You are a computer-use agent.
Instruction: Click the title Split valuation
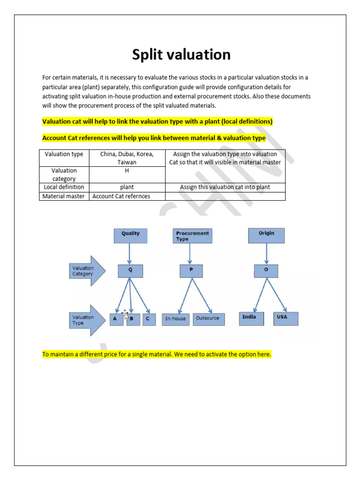(181, 55)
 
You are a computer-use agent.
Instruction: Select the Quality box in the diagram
(130, 235)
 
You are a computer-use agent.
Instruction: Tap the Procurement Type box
(192, 236)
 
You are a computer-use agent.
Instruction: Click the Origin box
(266, 235)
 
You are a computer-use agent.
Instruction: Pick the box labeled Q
(131, 270)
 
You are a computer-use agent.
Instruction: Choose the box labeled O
(266, 270)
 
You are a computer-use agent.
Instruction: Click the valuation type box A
(115, 319)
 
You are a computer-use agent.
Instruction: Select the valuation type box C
(148, 319)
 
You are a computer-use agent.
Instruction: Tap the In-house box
(175, 319)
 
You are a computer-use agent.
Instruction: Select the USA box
(285, 318)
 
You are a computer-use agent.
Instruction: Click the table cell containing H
(127, 174)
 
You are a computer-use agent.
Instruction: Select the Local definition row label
(64, 187)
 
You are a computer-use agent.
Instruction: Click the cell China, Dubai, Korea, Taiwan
(127, 158)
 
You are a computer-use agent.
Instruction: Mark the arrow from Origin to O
(266, 254)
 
